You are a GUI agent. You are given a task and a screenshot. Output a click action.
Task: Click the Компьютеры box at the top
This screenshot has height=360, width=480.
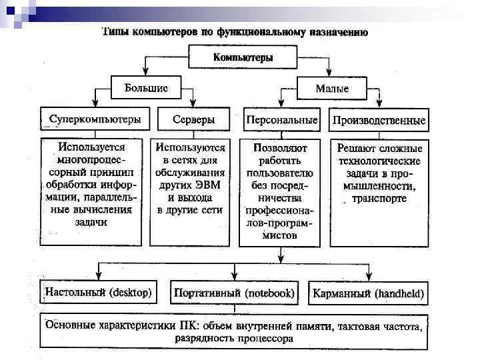pos(243,57)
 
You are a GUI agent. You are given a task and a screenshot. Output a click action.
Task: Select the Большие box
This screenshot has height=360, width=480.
pos(146,87)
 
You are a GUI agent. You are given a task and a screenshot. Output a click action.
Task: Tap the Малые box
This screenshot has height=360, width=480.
pos(331,88)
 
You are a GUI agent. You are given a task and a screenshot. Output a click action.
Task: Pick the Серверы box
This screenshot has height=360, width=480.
pos(193,120)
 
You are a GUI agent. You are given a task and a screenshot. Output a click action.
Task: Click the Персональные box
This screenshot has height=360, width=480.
pos(281,120)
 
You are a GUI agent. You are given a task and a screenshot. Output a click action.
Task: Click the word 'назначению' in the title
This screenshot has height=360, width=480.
pos(341,32)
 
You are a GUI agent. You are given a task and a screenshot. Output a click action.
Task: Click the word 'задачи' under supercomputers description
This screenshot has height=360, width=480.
pos(91,222)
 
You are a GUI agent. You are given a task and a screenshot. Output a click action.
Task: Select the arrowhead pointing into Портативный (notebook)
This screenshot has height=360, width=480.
pos(234,277)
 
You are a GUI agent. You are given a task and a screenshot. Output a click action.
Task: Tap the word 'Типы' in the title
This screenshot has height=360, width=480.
pos(116,32)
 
